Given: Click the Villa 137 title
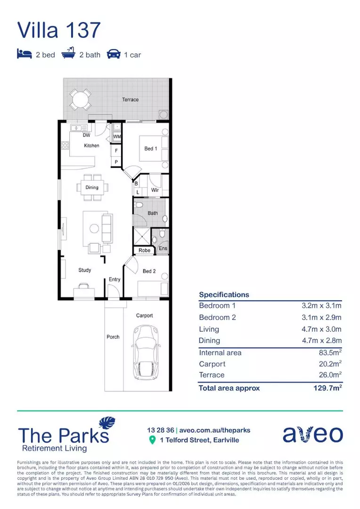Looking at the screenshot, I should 59,29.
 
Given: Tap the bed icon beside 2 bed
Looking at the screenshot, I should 24,55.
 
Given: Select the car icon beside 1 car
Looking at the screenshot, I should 114,55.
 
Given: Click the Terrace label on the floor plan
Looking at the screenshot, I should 131,99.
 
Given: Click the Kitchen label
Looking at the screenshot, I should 92,146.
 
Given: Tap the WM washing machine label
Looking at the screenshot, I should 117,137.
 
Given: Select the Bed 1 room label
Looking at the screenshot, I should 150,148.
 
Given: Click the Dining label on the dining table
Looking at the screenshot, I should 92,188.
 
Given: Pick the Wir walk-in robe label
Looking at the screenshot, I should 155,190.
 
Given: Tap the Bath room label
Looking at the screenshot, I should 153,213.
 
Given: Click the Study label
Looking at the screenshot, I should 85,270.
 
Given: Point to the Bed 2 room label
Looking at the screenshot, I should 149,271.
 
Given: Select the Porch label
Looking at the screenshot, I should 113,337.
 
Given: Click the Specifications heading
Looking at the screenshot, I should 224,295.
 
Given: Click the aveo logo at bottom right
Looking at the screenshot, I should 312,434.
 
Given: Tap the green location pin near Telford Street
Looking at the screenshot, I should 152,440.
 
